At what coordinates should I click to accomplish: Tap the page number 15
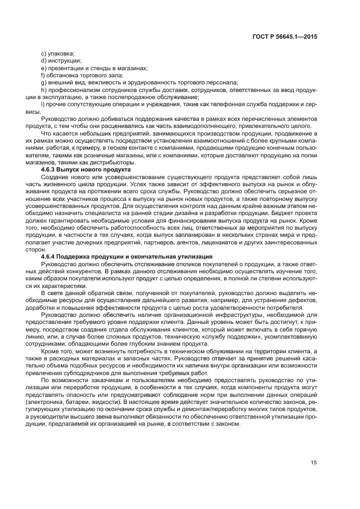coord(314,463)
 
